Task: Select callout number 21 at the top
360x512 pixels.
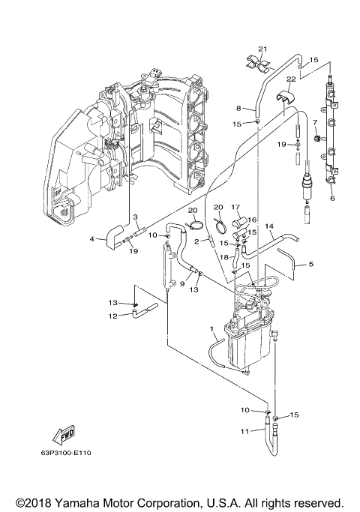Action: point(263,49)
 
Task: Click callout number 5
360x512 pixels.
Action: point(310,264)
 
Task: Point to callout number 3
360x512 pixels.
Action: point(136,217)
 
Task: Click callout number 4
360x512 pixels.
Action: point(92,239)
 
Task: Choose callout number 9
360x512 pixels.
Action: point(182,283)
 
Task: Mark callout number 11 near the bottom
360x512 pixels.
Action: point(244,431)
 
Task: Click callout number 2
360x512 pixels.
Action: point(196,241)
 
